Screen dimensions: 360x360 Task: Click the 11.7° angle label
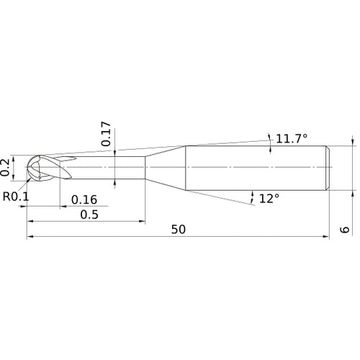click(x=293, y=137)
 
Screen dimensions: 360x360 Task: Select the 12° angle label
click(x=269, y=198)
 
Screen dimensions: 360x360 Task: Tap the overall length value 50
click(x=179, y=230)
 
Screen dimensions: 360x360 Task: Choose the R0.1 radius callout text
click(x=15, y=196)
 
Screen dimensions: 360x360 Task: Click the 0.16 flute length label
click(x=84, y=199)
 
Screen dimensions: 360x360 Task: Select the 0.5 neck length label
click(x=89, y=215)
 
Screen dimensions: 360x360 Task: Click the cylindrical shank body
click(x=256, y=167)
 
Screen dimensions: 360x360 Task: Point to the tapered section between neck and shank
click(x=166, y=167)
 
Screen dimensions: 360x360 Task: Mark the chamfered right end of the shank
click(x=328, y=167)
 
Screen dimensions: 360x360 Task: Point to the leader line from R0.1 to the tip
click(x=27, y=184)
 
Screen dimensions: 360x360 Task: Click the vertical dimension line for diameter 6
click(x=353, y=167)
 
